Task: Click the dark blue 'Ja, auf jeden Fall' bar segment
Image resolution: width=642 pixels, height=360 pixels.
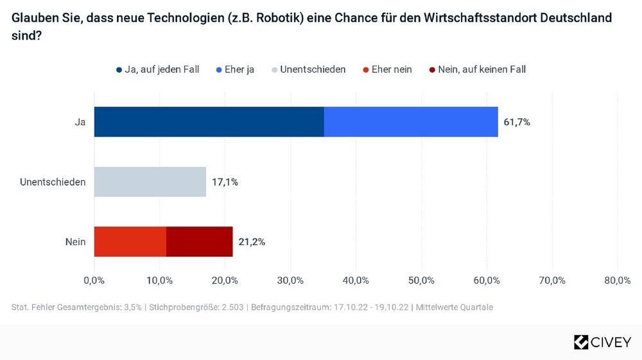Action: pos(209,122)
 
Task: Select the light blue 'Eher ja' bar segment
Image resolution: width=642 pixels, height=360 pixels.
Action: pos(411,122)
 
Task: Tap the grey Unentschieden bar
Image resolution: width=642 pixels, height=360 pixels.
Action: pos(150,182)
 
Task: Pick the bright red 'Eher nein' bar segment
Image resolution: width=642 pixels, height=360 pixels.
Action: pos(130,241)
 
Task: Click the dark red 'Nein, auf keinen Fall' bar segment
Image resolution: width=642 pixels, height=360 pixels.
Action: pos(200,241)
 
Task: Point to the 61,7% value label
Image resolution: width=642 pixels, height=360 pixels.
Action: pos(517,122)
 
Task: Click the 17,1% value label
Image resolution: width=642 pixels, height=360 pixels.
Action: pos(225,182)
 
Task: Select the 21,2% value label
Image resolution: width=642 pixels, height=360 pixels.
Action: pos(252,242)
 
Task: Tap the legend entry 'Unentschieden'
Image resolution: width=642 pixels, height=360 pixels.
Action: pos(312,69)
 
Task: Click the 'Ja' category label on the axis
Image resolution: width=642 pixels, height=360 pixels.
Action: pos(80,122)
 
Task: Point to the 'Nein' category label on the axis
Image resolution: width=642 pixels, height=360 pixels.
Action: pos(75,242)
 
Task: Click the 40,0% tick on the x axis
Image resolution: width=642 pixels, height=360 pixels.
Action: pos(356,280)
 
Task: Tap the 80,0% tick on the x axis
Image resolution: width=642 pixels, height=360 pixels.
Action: pos(617,280)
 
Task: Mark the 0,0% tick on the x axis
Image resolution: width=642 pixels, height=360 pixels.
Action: pos(94,280)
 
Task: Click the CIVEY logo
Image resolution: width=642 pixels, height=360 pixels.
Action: pos(602,342)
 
